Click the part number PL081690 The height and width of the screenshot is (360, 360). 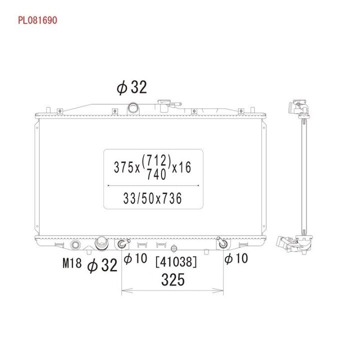[x=37, y=20]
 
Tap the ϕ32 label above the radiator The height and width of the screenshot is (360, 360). [x=131, y=87]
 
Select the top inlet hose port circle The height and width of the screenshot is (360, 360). [x=133, y=107]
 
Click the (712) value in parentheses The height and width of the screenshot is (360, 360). [x=156, y=160]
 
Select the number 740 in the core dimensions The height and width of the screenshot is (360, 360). [x=156, y=174]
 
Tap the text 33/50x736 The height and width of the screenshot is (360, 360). [x=152, y=198]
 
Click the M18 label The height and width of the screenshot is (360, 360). [x=72, y=263]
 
